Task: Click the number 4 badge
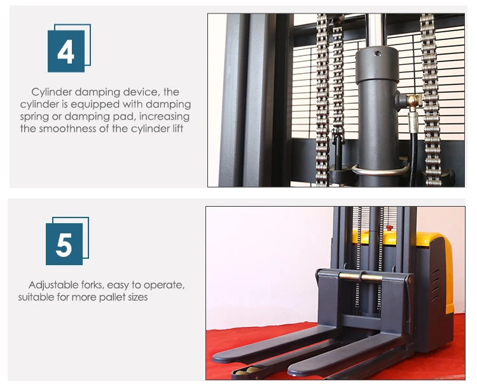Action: point(66,51)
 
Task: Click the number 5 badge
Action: point(64,244)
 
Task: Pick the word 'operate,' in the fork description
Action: point(165,285)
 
